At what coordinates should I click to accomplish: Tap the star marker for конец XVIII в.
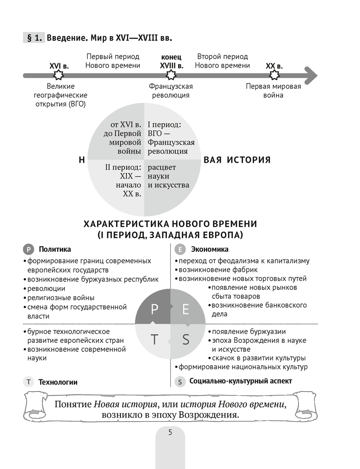tap(171, 75)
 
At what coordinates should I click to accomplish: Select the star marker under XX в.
tap(274, 75)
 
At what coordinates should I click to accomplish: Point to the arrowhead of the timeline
tap(310, 75)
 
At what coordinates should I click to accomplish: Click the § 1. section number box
tap(33, 37)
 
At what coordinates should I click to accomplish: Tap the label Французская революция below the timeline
tap(171, 91)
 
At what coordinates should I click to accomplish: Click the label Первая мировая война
tap(274, 91)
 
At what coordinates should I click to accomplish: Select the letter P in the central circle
tap(155, 309)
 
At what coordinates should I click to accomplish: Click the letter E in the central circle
tap(186, 309)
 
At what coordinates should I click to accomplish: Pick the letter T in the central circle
tap(155, 340)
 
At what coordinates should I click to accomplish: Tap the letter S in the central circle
tap(186, 340)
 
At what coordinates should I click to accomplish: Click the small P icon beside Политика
tap(29, 250)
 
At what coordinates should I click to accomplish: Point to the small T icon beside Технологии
tap(29, 382)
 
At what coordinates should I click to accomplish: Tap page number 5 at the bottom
tap(170, 432)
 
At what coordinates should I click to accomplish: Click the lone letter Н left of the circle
tap(82, 160)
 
